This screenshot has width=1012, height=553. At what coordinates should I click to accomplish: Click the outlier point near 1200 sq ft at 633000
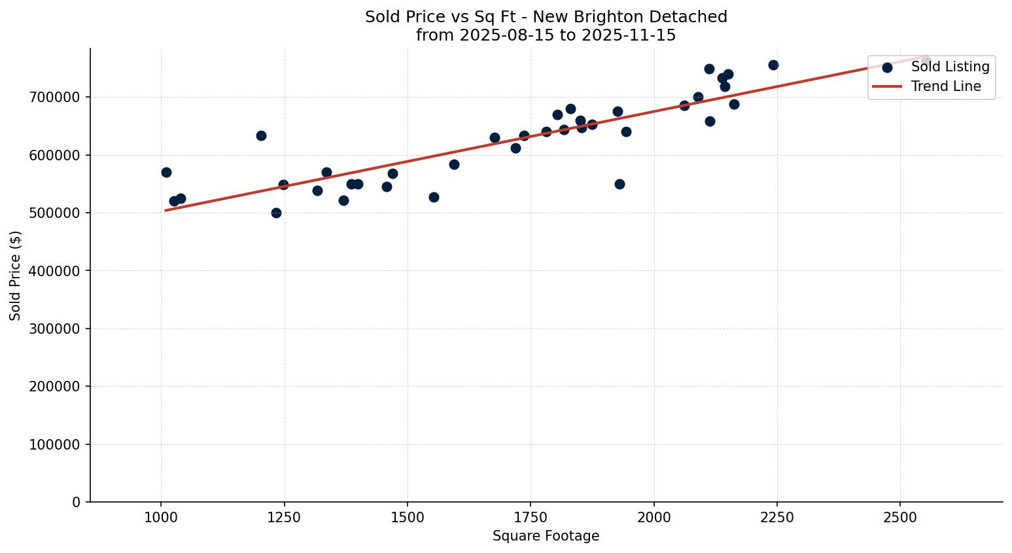[261, 136]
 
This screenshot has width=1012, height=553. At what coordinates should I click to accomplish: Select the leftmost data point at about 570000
[166, 173]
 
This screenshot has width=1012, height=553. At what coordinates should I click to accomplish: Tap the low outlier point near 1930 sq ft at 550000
[619, 185]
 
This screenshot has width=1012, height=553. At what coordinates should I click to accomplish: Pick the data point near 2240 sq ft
[773, 65]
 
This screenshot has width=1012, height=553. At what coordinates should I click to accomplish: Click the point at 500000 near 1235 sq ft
[276, 213]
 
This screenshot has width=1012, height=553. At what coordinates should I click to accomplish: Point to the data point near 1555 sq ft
[434, 198]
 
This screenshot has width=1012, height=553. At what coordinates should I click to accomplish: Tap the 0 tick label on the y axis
[77, 503]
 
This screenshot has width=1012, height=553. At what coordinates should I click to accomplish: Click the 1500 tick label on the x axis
[408, 518]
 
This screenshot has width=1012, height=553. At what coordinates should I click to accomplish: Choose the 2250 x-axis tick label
[777, 518]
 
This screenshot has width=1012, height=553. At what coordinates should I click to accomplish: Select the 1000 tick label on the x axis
[161, 518]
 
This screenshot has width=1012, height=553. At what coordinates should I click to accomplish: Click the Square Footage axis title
[546, 537]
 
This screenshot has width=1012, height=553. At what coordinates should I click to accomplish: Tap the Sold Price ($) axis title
[16, 276]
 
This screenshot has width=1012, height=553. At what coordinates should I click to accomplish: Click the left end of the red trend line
[166, 210]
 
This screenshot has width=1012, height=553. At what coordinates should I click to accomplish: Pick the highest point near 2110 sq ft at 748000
[709, 69]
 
